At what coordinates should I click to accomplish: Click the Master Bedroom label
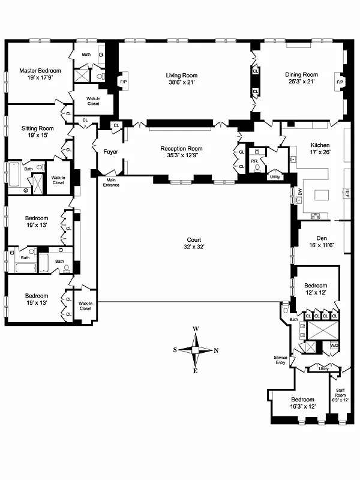click(x=40, y=70)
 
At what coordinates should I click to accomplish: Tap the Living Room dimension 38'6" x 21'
click(x=181, y=83)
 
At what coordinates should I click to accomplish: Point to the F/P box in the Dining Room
click(x=340, y=82)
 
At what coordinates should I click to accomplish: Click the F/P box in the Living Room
click(x=124, y=82)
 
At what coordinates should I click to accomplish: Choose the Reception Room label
click(x=181, y=148)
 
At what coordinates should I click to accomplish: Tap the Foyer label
click(x=111, y=152)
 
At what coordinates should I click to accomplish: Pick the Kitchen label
click(x=320, y=145)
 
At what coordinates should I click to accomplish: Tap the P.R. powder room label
click(x=254, y=161)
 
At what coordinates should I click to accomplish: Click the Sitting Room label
click(x=37, y=128)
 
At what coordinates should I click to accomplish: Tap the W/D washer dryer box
click(x=334, y=345)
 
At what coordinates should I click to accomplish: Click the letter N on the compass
click(x=216, y=351)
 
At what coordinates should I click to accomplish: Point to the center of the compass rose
click(x=196, y=350)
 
